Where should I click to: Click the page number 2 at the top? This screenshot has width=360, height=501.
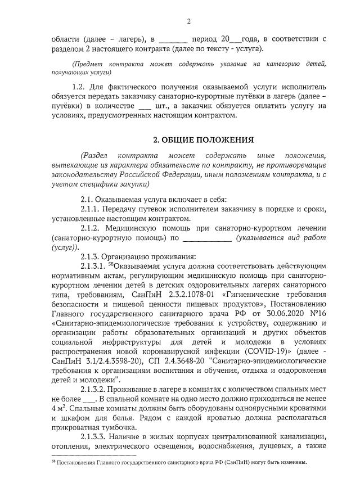tap(188, 21)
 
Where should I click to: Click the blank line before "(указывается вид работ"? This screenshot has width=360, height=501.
tap(208, 238)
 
